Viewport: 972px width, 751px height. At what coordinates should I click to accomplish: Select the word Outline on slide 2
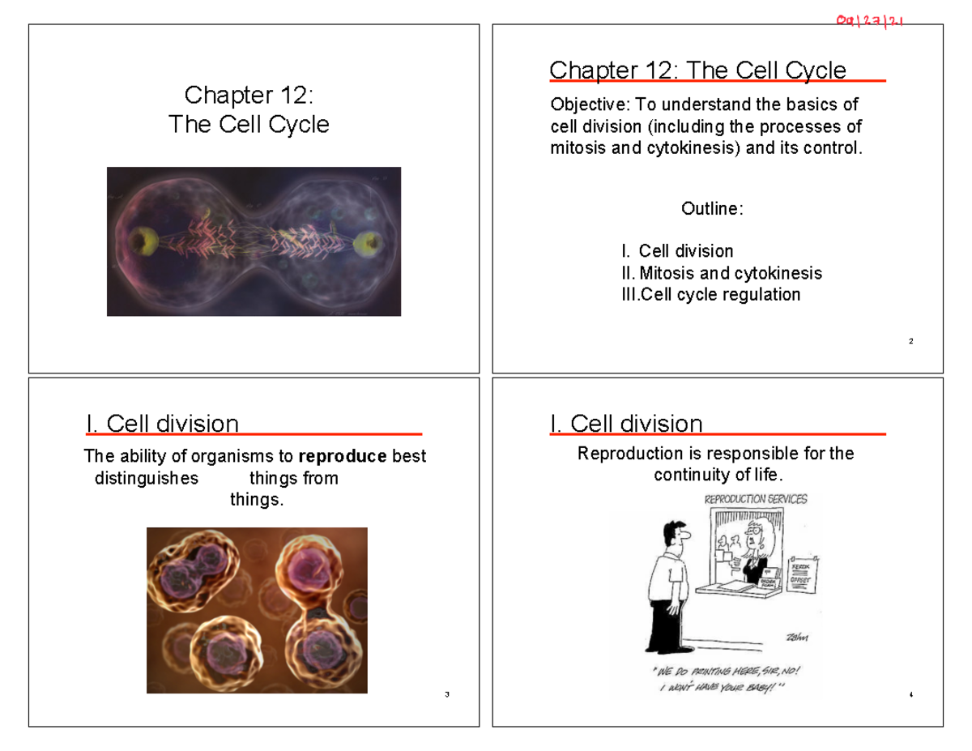[710, 209]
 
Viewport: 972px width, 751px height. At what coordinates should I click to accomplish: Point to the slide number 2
[911, 341]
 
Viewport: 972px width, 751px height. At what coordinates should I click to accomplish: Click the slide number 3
[447, 695]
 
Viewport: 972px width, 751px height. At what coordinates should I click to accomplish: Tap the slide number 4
[911, 695]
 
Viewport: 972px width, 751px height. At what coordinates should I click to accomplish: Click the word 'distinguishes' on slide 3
[146, 479]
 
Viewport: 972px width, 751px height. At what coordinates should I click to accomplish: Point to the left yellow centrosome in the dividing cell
[147, 241]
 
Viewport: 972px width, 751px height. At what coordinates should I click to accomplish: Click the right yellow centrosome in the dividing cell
[370, 241]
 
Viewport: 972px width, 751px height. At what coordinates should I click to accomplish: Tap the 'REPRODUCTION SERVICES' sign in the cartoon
[756, 499]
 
